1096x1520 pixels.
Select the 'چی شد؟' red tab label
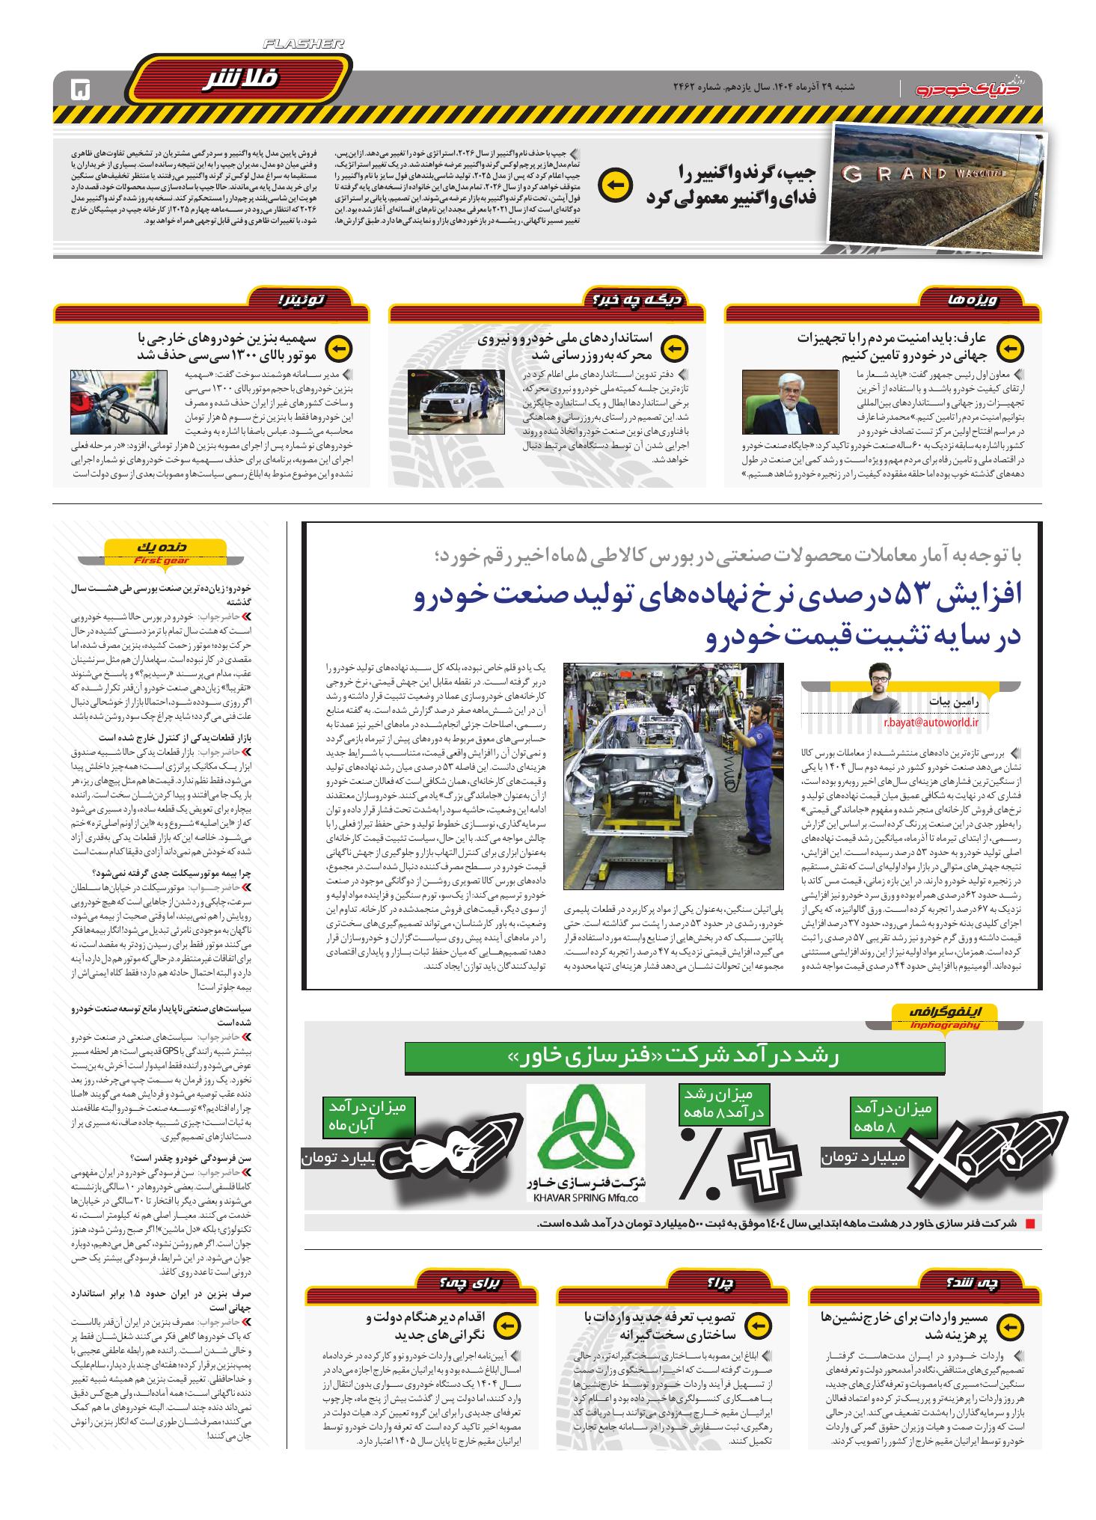988,1284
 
